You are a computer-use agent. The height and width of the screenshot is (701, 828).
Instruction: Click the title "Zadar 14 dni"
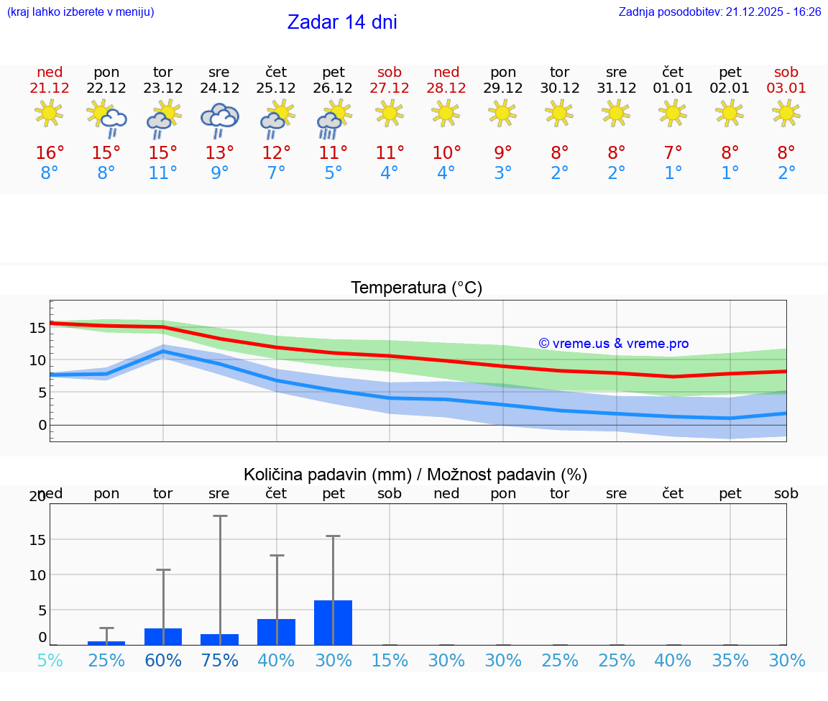click(x=342, y=22)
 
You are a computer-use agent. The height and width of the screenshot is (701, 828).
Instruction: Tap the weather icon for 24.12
click(x=219, y=119)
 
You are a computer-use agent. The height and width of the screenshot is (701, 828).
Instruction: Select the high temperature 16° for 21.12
click(x=50, y=152)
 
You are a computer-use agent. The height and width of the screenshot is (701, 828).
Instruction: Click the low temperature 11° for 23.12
click(x=163, y=173)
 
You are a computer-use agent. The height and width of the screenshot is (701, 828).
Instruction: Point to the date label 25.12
click(x=276, y=88)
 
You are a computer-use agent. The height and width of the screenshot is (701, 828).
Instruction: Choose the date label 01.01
click(x=673, y=88)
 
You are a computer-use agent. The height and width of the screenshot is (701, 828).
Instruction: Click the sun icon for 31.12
click(x=616, y=113)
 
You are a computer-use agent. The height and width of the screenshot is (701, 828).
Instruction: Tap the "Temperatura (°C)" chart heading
click(x=416, y=288)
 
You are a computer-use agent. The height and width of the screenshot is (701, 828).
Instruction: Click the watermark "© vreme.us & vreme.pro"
click(x=614, y=344)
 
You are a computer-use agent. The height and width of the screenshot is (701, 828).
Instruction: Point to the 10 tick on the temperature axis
click(x=37, y=360)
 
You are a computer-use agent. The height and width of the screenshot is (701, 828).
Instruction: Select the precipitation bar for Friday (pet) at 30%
click(x=333, y=623)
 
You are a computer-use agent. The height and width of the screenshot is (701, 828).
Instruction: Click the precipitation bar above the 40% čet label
click(x=276, y=632)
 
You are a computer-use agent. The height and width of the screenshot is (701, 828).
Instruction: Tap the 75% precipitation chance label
click(x=219, y=661)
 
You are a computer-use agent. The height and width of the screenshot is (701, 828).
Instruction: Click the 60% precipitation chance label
click(x=163, y=661)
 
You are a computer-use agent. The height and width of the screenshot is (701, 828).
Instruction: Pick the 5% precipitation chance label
click(x=50, y=661)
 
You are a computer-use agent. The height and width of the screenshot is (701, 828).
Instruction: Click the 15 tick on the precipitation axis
click(x=37, y=540)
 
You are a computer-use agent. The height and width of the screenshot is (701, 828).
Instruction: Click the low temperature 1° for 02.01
click(x=730, y=173)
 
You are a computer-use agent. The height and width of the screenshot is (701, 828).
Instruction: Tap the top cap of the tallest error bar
click(x=219, y=516)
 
